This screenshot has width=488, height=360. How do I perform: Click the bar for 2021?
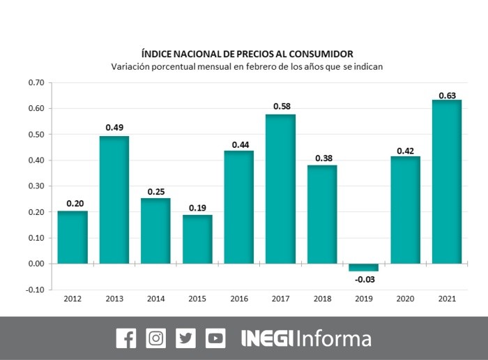(x=447, y=181)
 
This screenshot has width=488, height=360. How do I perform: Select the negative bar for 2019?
(x=363, y=267)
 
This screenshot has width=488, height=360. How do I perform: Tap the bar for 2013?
(x=114, y=200)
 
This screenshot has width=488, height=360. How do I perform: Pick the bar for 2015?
(x=197, y=239)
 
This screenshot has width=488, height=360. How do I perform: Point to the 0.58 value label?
(x=280, y=105)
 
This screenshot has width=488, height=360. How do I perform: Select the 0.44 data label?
(x=238, y=145)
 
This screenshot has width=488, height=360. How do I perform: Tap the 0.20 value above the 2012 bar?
(x=73, y=204)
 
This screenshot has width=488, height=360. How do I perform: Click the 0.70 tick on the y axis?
(x=36, y=83)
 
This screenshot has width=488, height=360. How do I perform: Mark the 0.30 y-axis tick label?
(x=36, y=186)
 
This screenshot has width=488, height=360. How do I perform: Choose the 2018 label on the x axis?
(x=322, y=299)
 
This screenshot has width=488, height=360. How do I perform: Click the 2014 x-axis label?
(x=155, y=299)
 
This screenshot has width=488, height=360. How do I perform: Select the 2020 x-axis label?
(x=405, y=299)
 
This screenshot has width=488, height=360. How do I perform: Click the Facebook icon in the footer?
(x=126, y=338)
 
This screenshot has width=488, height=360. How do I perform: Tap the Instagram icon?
(x=156, y=338)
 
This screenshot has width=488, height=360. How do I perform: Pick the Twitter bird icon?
(x=186, y=338)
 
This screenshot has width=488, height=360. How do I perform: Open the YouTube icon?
(x=215, y=338)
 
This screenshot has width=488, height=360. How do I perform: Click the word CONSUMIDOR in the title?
(x=318, y=53)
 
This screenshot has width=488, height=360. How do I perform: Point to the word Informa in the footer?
(x=335, y=338)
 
